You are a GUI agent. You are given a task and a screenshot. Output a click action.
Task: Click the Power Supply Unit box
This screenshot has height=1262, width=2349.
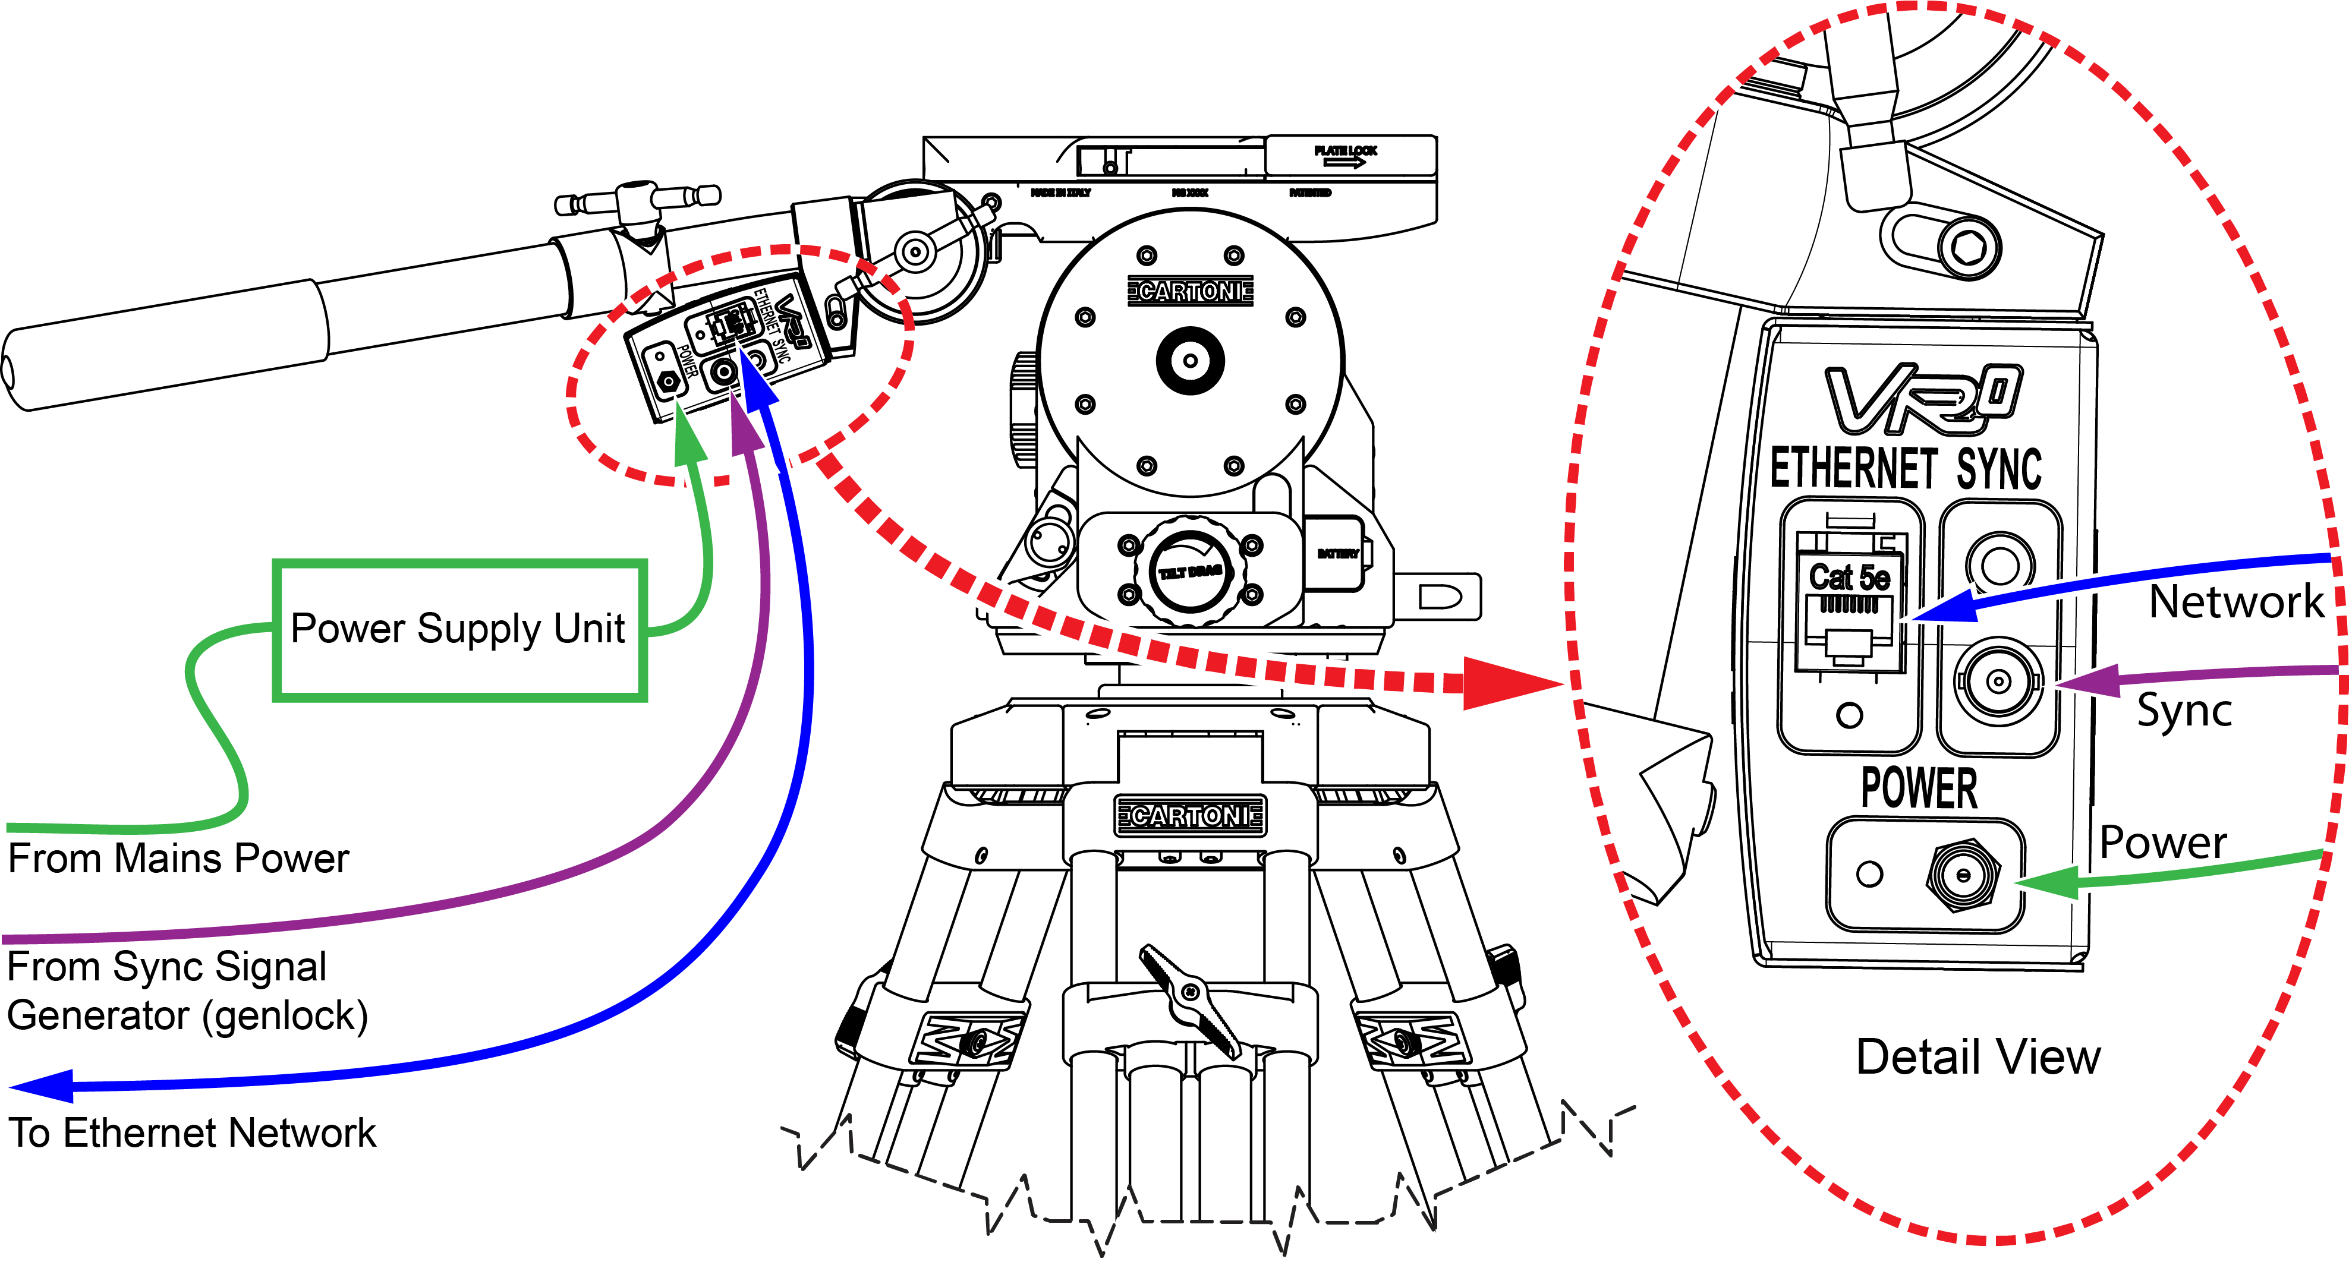pyautogui.click(x=459, y=630)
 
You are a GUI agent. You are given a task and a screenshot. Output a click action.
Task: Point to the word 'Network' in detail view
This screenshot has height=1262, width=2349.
pyautogui.click(x=2236, y=602)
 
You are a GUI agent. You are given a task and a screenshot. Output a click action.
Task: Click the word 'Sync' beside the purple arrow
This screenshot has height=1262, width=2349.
pyautogui.click(x=2184, y=711)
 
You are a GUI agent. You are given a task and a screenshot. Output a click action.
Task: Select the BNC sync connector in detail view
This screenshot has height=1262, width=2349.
pyautogui.click(x=1997, y=681)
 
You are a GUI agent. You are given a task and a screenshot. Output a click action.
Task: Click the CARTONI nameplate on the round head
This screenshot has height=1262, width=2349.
pyautogui.click(x=1190, y=292)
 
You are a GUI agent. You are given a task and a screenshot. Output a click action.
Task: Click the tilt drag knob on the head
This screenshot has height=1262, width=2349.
pyautogui.click(x=1190, y=572)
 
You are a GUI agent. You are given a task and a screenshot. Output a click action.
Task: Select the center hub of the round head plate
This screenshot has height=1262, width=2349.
pyautogui.click(x=1190, y=360)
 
